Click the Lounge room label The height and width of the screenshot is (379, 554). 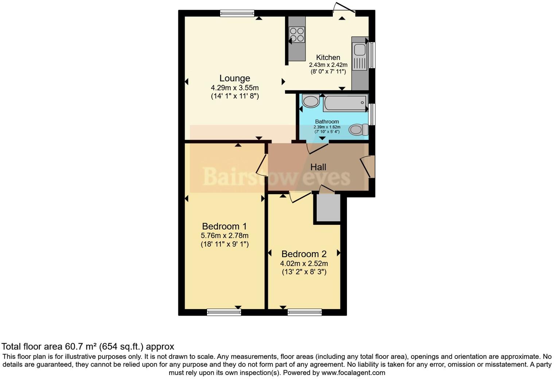(x=234, y=78)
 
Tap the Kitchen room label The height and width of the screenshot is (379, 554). (x=328, y=58)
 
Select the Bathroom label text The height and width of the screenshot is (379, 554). (x=327, y=122)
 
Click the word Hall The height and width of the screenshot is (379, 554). (x=318, y=167)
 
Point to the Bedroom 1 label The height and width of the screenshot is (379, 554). (x=225, y=226)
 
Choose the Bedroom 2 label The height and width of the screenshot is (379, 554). (x=304, y=254)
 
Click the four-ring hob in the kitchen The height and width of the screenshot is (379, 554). (x=297, y=35)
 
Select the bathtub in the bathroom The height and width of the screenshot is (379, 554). (x=345, y=103)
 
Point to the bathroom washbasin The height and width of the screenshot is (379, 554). (x=311, y=101)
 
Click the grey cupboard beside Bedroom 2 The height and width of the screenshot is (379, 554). (x=328, y=207)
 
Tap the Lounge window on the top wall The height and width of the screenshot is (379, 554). (x=237, y=13)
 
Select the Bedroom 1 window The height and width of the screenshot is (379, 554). (x=224, y=312)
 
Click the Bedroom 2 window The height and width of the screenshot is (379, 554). (x=305, y=312)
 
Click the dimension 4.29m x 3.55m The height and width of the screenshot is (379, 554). (x=235, y=88)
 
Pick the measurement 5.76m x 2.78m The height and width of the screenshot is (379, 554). (x=225, y=236)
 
